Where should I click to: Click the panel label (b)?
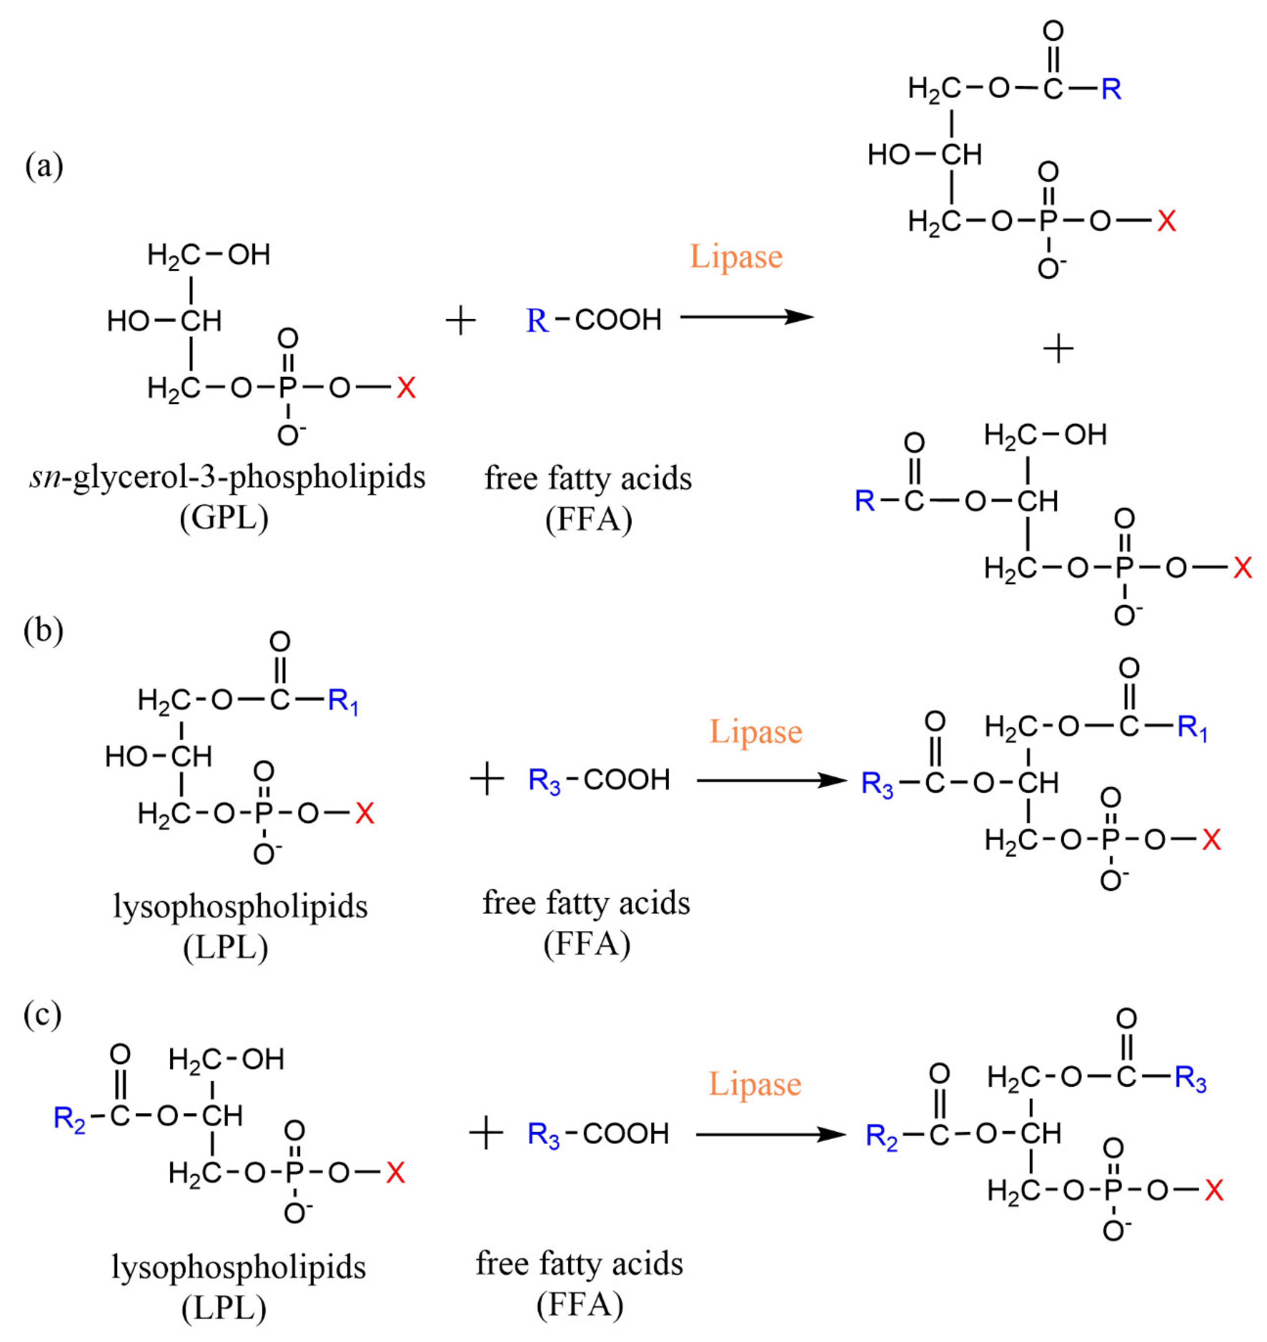[43, 630]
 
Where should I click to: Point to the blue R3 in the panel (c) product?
[1191, 1079]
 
